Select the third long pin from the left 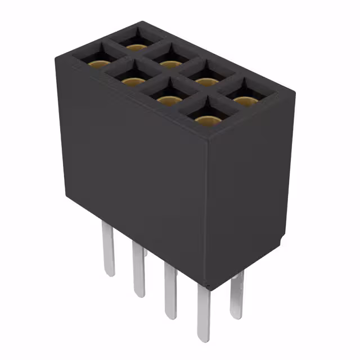point(170,290)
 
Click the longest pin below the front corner point(204,315)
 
